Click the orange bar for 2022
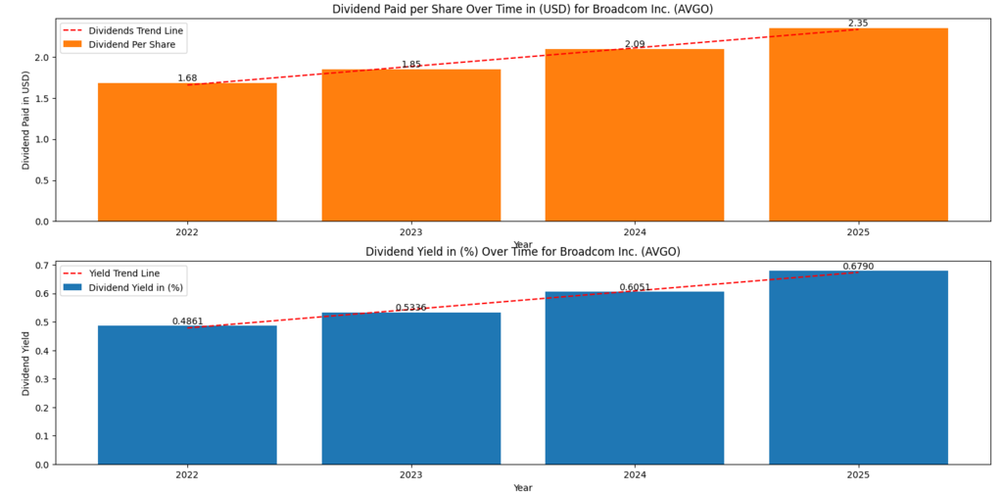pyautogui.click(x=187, y=152)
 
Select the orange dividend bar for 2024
pyautogui.click(x=635, y=135)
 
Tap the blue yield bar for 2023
pyautogui.click(x=410, y=388)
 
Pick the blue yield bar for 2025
pyautogui.click(x=858, y=368)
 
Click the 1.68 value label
pyautogui.click(x=187, y=78)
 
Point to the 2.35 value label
pyautogui.click(x=858, y=23)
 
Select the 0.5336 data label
pyautogui.click(x=410, y=308)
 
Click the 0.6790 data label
pyautogui.click(x=858, y=266)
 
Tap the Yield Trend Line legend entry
pyautogui.click(x=123, y=273)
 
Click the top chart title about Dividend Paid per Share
pyautogui.click(x=522, y=10)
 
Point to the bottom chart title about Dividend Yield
pyautogui.click(x=522, y=252)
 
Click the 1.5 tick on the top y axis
pyautogui.click(x=42, y=98)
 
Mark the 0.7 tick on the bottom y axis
pyautogui.click(x=42, y=266)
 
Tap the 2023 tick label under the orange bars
pyautogui.click(x=410, y=233)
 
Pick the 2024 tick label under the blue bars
pyautogui.click(x=635, y=475)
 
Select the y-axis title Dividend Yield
pyautogui.click(x=26, y=364)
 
